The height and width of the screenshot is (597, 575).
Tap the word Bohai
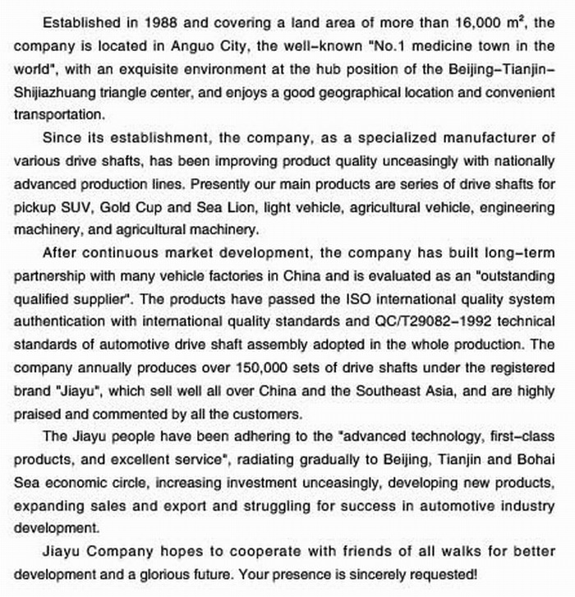pos(530,459)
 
